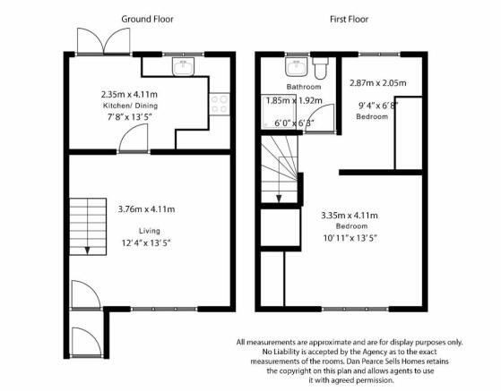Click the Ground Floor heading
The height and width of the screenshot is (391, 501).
click(147, 19)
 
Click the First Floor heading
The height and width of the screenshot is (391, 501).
click(349, 19)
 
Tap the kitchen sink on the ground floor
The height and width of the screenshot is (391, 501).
click(184, 66)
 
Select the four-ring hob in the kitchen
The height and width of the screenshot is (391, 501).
click(220, 104)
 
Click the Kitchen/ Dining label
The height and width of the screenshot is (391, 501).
click(130, 106)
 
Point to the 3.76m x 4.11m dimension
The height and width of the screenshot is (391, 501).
click(146, 209)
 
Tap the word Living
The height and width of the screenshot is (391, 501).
click(150, 231)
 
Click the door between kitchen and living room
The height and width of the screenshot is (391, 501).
click(134, 138)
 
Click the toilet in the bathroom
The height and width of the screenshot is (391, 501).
click(321, 68)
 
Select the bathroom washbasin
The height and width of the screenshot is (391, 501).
click(297, 66)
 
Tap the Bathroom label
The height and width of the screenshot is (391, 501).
click(304, 87)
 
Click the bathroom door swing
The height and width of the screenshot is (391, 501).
click(319, 118)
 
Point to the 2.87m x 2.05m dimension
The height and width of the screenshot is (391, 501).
click(378, 83)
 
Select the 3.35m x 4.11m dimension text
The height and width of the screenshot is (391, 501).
click(350, 216)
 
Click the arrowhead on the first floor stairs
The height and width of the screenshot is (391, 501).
click(279, 199)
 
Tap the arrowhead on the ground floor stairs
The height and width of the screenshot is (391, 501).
click(87, 251)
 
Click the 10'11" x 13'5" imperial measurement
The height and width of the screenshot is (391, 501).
click(350, 238)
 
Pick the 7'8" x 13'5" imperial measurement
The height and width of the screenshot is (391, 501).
click(129, 117)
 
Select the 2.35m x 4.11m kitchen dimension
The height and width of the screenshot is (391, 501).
click(129, 95)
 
